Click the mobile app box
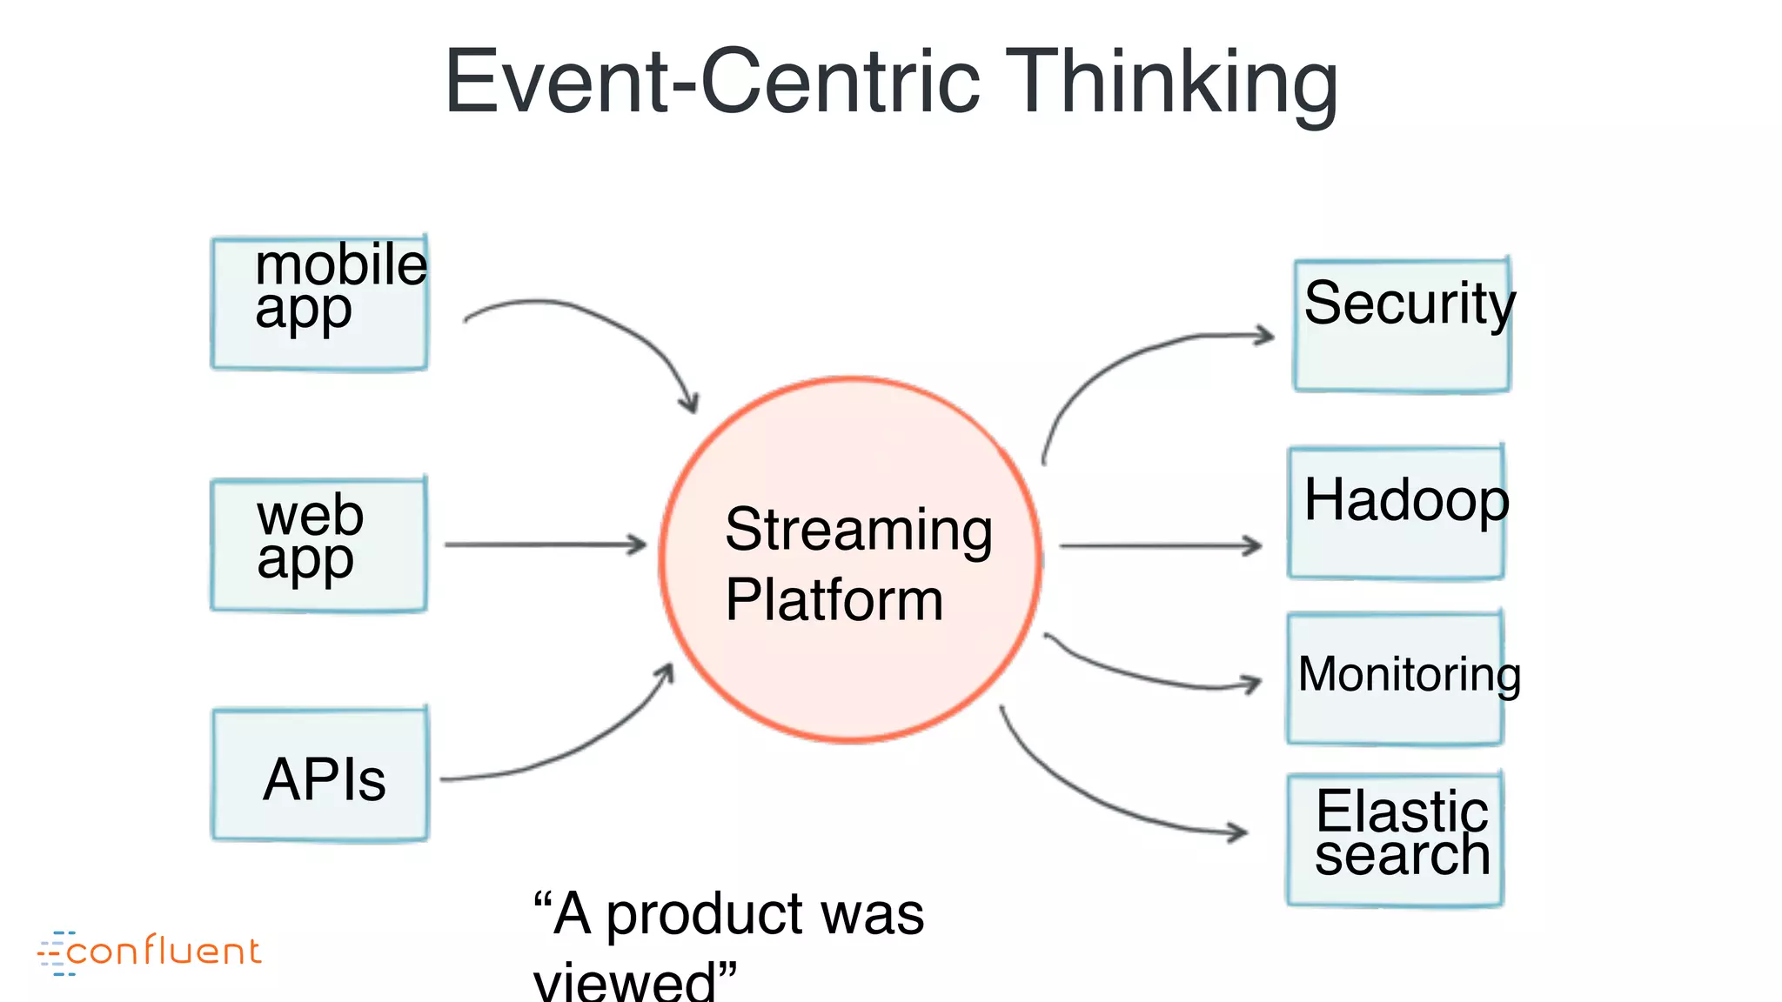319,304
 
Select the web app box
319,544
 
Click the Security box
1402,326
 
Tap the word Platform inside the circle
834,600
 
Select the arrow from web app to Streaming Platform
544,545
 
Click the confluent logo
150,952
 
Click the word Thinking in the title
1171,83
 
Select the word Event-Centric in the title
712,83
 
